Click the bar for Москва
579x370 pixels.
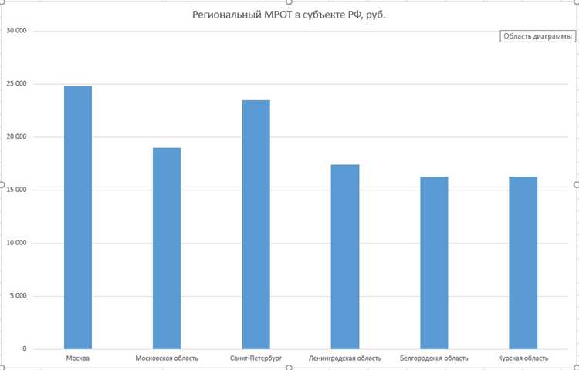click(x=78, y=217)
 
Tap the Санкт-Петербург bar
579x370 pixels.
click(x=256, y=224)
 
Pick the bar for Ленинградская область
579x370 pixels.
click(x=345, y=257)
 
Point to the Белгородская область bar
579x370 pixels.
click(x=434, y=263)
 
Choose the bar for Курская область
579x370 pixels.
click(x=523, y=263)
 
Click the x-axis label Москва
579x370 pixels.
click(x=78, y=358)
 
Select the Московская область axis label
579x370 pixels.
click(x=167, y=358)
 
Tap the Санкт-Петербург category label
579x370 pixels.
click(x=256, y=358)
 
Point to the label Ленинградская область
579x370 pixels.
click(x=345, y=358)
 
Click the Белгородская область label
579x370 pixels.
click(x=434, y=358)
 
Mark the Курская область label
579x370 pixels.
click(x=523, y=358)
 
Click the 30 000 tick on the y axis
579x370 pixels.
click(x=36, y=31)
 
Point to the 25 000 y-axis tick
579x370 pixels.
click(x=36, y=84)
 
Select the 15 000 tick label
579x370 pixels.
click(x=36, y=190)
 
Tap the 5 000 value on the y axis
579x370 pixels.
click(x=39, y=296)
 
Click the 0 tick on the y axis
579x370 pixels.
click(x=46, y=349)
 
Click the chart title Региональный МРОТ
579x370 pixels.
click(x=289, y=15)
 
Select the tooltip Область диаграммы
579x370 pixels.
click(x=537, y=37)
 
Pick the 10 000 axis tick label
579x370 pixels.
click(x=36, y=244)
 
